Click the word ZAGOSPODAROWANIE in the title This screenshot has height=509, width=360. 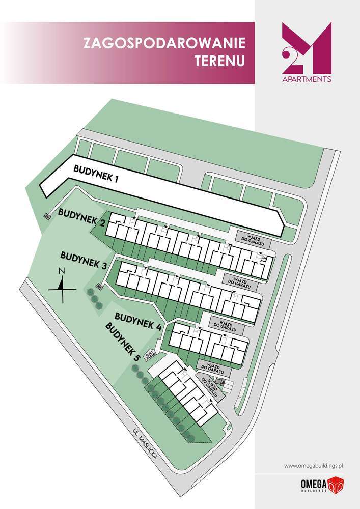coord(164,43)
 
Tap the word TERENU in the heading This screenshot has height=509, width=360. coord(219,61)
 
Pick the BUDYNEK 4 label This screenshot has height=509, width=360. coord(138,320)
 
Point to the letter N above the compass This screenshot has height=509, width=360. coord(61,271)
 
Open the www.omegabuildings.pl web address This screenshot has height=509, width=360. coord(315,465)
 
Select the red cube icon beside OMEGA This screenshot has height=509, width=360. coord(336,484)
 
